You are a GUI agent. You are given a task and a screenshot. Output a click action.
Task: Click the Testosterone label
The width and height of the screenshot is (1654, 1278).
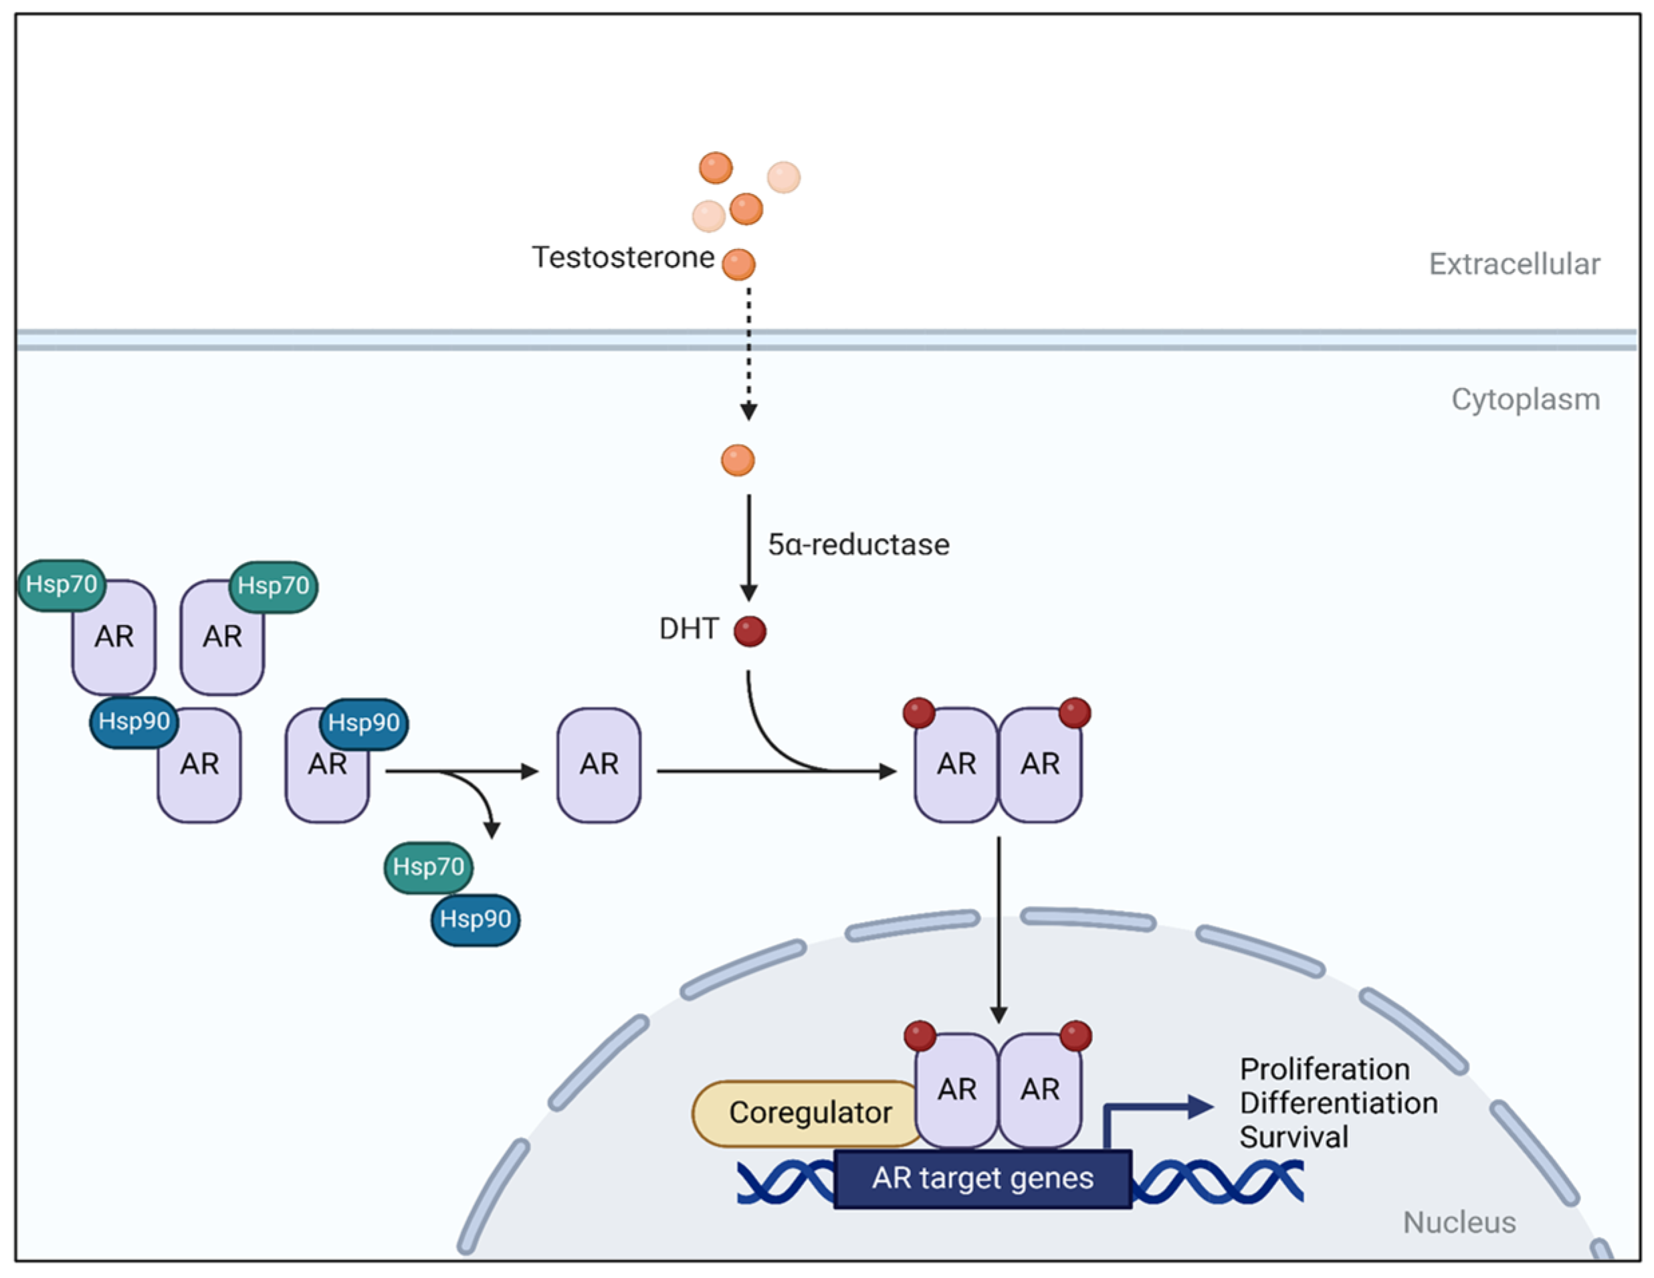pyautogui.click(x=623, y=258)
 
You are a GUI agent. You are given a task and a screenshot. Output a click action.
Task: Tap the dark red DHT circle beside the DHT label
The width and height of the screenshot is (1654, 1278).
pyautogui.click(x=750, y=631)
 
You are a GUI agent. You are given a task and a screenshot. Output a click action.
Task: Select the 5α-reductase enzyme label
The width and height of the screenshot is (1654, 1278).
pyautogui.click(x=858, y=545)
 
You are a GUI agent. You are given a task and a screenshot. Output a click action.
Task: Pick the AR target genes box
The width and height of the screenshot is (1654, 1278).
pyautogui.click(x=983, y=1179)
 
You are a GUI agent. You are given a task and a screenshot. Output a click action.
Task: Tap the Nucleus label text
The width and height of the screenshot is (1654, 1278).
pyautogui.click(x=1459, y=1222)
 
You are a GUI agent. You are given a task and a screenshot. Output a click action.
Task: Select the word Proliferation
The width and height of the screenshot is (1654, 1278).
pyautogui.click(x=1324, y=1070)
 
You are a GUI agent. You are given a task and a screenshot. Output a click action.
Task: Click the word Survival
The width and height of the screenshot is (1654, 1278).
pyautogui.click(x=1294, y=1137)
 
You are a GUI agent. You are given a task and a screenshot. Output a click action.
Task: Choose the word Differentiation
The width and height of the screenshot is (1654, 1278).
pyautogui.click(x=1338, y=1103)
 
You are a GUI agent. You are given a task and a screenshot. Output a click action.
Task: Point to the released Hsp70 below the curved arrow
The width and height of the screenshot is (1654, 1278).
pyautogui.click(x=429, y=867)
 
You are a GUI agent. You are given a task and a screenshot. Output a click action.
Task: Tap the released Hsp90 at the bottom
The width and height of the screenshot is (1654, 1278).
pyautogui.click(x=476, y=919)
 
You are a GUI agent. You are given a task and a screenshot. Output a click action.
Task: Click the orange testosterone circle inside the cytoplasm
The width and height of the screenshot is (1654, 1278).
pyautogui.click(x=738, y=460)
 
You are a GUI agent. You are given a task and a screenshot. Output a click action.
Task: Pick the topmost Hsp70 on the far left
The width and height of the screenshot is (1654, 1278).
pyautogui.click(x=62, y=585)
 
